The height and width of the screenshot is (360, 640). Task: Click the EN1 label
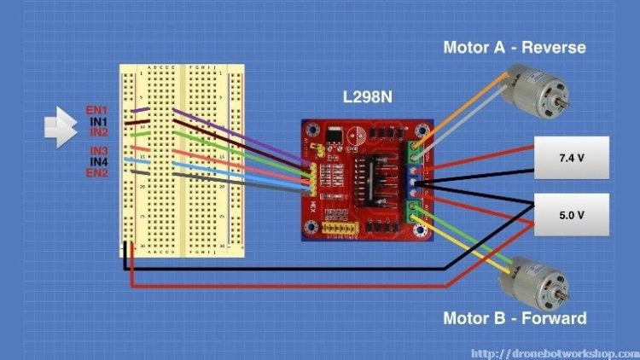coord(96,111)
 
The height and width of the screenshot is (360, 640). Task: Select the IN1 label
coord(97,122)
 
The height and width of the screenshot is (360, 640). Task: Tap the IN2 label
coord(97,132)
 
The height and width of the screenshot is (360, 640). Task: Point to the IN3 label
coord(97,151)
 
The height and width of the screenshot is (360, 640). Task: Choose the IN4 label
coord(97,161)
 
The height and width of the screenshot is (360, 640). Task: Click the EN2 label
coord(96,172)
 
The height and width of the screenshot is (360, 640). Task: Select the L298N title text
coord(367,97)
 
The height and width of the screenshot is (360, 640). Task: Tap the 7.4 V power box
coord(571,158)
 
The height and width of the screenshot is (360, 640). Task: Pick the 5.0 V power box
coord(571,215)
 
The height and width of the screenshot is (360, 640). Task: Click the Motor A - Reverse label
coord(514,47)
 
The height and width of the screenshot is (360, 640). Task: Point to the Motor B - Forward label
coord(514,318)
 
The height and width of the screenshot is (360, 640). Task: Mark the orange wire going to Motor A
coord(461,107)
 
